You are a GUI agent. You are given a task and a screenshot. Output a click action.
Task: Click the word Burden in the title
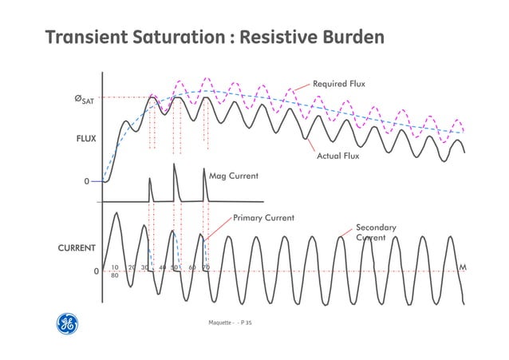[x=349, y=38]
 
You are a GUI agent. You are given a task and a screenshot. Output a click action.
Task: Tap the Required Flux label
[x=339, y=83]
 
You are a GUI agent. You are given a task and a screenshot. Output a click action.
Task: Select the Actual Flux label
[x=338, y=156]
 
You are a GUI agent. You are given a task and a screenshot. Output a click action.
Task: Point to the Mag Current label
[x=234, y=174]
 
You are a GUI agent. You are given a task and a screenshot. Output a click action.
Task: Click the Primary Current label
[x=263, y=217]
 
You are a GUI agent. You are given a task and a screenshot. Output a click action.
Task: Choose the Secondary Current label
[x=376, y=232]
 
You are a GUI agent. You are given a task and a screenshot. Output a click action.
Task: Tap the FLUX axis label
[x=85, y=138]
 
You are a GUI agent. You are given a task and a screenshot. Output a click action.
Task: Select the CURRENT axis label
[x=77, y=248]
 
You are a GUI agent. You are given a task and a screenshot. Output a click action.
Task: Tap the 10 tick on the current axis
[x=115, y=268]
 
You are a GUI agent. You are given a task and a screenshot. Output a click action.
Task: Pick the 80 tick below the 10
[x=115, y=275]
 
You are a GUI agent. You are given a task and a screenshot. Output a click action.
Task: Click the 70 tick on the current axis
[x=206, y=268]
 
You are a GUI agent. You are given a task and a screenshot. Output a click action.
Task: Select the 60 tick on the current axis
[x=192, y=268]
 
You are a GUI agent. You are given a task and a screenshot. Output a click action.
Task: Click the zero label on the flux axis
[x=86, y=182]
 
